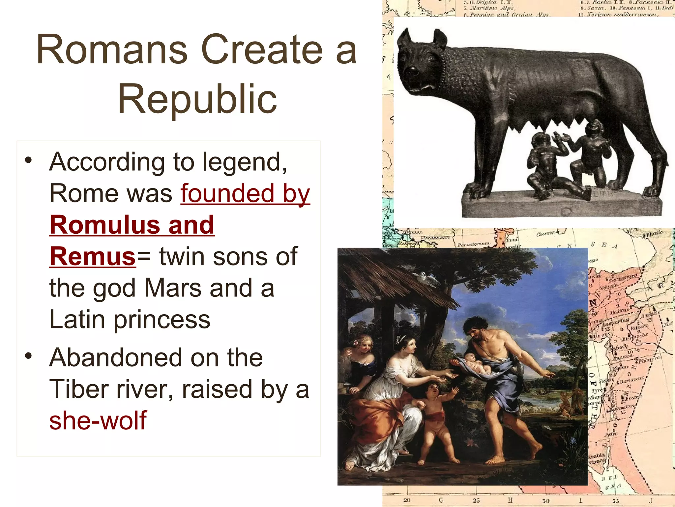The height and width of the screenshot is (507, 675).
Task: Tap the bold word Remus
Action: click(93, 256)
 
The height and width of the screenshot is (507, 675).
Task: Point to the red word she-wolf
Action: click(98, 421)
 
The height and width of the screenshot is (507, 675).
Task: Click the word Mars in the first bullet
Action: click(172, 288)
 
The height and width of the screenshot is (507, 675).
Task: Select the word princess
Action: click(162, 320)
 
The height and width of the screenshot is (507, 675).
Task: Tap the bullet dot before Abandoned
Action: click(29, 356)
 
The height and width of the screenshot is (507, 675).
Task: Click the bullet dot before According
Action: click(29, 160)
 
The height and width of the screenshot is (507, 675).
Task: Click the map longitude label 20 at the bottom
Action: click(406, 500)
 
